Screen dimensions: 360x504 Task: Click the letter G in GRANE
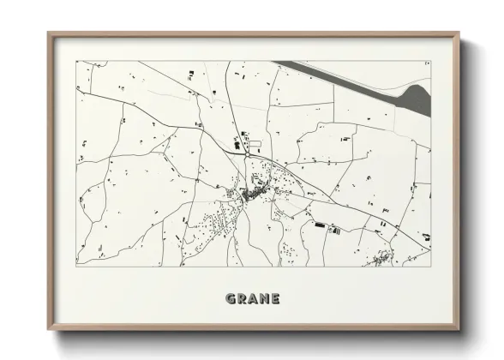click(x=231, y=299)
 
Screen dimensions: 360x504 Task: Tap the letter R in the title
click(x=243, y=299)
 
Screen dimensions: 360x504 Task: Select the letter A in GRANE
click(x=253, y=299)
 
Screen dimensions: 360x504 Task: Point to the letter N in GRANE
click(x=264, y=299)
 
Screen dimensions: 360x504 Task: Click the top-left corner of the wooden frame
click(x=48, y=33)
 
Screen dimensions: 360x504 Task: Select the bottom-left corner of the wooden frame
click(x=48, y=330)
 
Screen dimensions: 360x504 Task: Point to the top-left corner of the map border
click(x=76, y=61)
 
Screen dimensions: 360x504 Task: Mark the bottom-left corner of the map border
click(x=76, y=265)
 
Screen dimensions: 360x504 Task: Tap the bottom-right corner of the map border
click(x=430, y=265)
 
